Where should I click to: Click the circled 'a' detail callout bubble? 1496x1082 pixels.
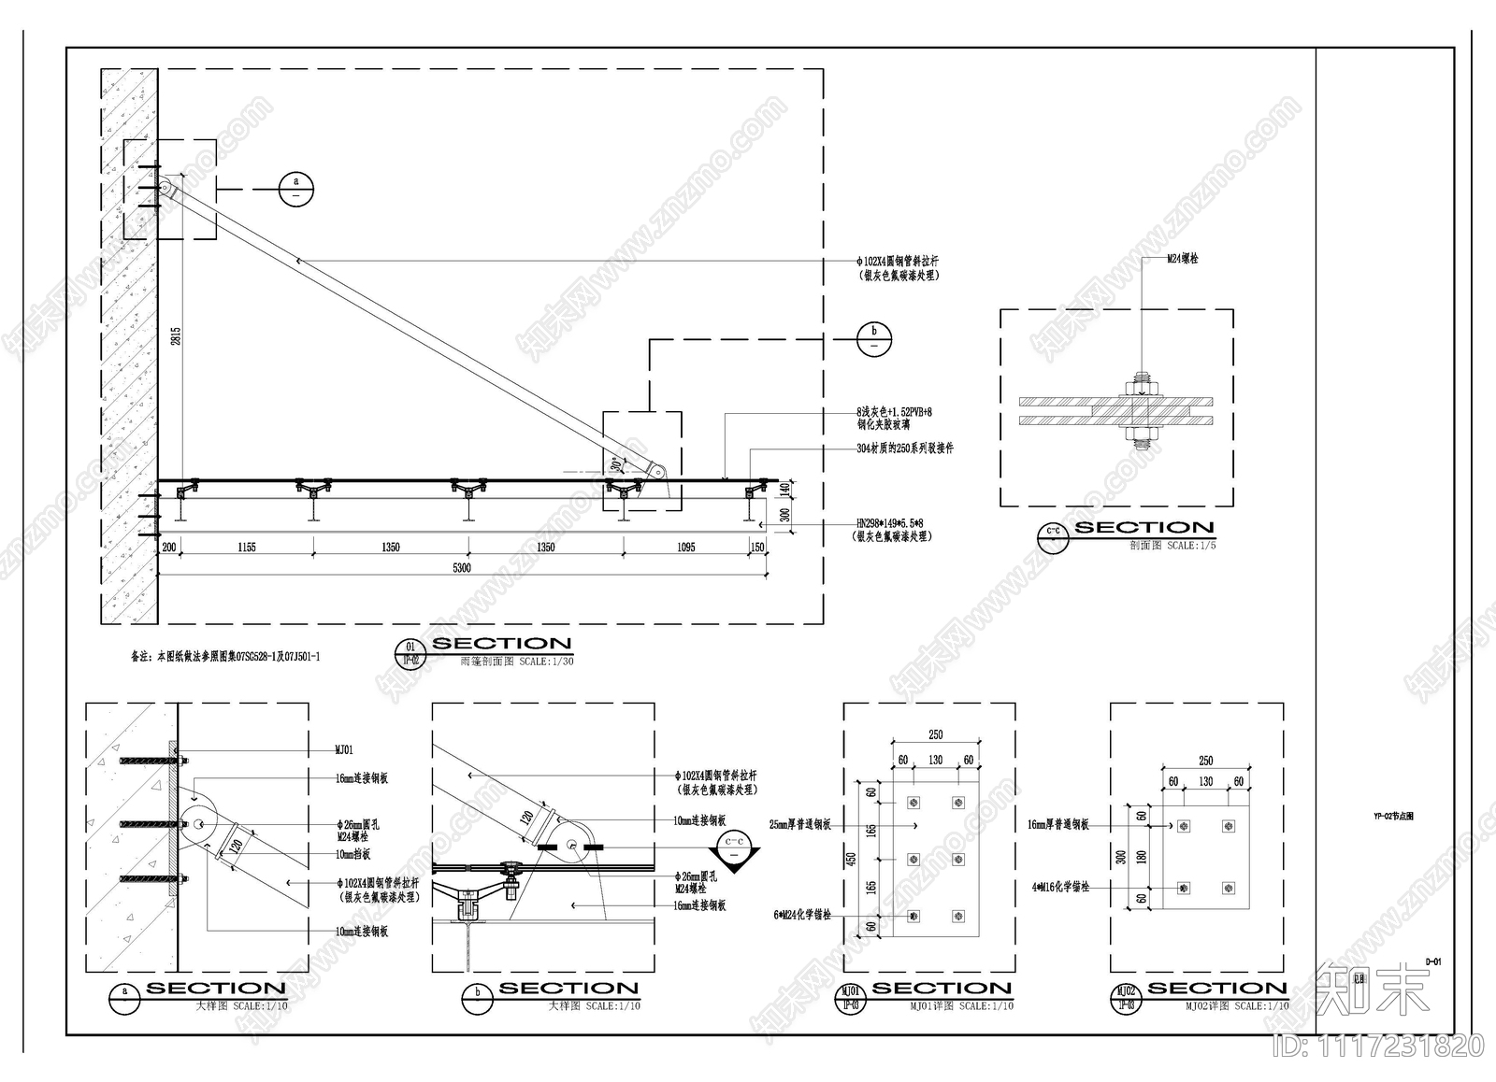point(296,190)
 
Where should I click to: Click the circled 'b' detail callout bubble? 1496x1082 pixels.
point(874,338)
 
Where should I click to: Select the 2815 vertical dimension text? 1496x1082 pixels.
point(176,337)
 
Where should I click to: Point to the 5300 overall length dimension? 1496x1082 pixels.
point(462,567)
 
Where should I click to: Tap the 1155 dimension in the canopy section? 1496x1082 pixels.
point(247,548)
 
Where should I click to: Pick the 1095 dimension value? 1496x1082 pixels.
point(685,548)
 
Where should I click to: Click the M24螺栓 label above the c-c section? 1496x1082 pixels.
point(1182,259)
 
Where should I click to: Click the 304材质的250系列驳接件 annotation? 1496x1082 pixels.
point(904,448)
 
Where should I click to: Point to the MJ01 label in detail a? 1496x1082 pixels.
point(344,749)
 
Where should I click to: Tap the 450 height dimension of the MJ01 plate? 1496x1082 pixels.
point(851,859)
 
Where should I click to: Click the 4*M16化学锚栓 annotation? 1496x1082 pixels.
point(1060,887)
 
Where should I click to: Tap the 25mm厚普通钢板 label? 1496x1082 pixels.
point(799,825)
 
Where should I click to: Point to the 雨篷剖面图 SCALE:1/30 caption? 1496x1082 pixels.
point(517,661)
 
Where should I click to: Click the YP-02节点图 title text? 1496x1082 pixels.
point(1393,816)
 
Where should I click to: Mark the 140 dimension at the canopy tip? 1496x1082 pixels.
point(785,488)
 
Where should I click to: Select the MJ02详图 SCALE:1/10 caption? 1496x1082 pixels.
point(1237,1006)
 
